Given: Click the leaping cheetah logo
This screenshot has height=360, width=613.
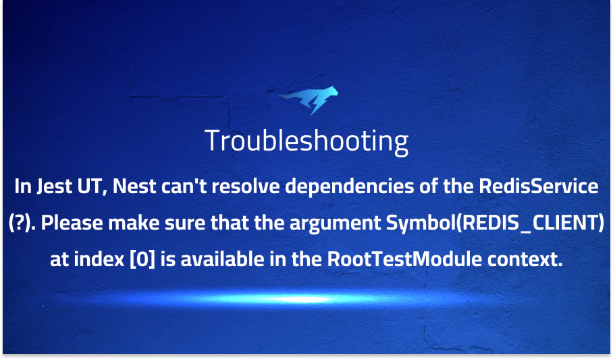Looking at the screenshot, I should coord(307,102).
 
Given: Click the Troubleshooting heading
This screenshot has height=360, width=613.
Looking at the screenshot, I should coord(306,142).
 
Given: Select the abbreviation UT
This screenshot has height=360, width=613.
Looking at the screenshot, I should coord(92,187).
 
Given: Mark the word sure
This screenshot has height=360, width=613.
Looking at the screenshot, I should coord(171,224).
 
